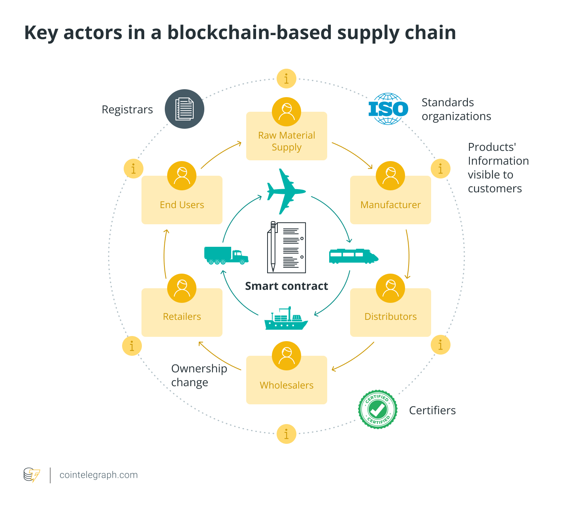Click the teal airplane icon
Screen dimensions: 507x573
[x=285, y=192]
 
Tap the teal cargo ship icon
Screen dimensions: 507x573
[x=286, y=319]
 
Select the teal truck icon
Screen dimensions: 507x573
[x=226, y=255]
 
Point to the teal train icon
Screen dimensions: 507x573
[x=353, y=256]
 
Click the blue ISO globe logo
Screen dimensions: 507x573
[x=388, y=109]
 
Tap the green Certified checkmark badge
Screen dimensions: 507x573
[x=377, y=409]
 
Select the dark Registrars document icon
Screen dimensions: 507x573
[x=184, y=109]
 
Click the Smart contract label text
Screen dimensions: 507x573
[x=286, y=286]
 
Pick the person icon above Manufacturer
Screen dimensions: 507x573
[x=390, y=176]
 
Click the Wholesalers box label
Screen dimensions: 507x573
[x=286, y=385]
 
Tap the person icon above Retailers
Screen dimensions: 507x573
[x=182, y=288]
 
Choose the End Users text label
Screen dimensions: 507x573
[x=182, y=205]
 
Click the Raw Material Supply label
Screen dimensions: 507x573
[x=286, y=141]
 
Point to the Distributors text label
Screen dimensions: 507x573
[x=390, y=317]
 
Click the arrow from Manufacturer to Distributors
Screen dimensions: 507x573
[x=408, y=255]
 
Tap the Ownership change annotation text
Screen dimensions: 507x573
[x=199, y=375]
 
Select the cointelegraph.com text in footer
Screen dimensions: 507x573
[x=98, y=475]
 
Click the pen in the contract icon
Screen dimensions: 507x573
[x=273, y=247]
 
